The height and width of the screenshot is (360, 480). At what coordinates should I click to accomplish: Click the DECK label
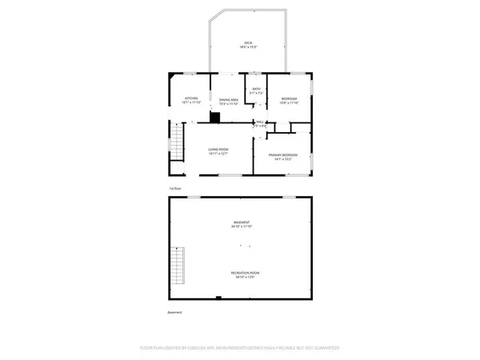coord(247,42)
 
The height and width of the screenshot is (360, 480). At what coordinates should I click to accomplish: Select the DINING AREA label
coord(230,99)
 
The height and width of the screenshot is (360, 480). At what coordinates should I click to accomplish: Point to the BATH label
coord(256,89)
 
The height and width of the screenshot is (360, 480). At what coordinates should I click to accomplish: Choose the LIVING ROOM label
coord(219,149)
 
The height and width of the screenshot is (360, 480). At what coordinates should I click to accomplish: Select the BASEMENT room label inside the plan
coord(242,222)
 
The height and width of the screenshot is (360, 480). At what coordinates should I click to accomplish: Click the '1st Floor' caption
coord(174,188)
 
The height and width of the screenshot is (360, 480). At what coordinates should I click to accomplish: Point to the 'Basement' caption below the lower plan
coord(174,312)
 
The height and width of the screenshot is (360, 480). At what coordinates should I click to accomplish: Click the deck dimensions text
coord(247,47)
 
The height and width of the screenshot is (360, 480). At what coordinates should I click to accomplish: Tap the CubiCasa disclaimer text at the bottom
coord(240,348)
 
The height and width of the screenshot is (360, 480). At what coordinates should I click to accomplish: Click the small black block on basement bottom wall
coord(219,298)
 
